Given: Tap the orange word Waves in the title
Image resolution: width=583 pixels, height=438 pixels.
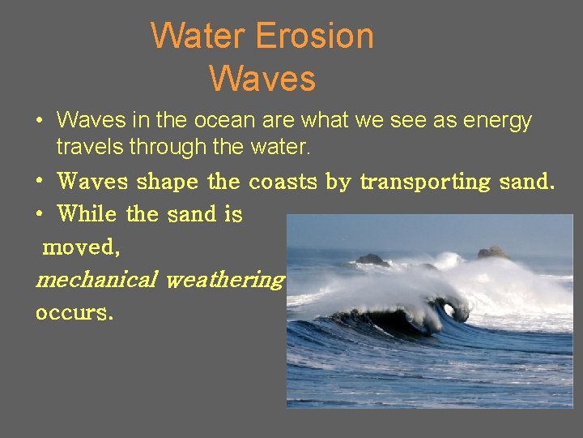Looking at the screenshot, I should [262, 79].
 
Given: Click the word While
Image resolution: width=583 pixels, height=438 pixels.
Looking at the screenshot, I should [87, 214].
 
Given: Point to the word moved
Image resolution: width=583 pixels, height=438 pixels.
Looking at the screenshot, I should [81, 247].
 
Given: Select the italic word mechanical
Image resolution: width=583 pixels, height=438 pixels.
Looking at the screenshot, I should [96, 280].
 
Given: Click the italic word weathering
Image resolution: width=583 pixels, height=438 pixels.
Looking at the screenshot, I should [224, 280].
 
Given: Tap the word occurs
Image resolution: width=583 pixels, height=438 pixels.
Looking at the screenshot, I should [74, 311].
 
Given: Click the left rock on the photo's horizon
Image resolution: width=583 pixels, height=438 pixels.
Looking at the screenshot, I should [372, 260].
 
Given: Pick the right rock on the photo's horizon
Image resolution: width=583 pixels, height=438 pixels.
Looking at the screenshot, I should [492, 253].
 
